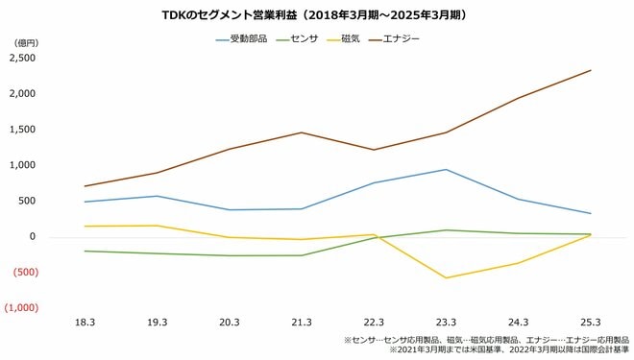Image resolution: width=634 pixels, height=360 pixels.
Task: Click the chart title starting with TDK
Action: click(316, 15)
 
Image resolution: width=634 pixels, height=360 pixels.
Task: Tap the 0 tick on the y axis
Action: click(32, 237)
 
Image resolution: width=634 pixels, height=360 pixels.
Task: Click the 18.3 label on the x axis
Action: click(85, 323)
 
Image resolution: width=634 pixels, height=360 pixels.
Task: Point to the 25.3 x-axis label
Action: click(590, 323)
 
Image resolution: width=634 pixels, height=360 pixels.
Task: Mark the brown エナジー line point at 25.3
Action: click(590, 70)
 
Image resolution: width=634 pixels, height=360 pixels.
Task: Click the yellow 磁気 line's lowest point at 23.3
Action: click(446, 278)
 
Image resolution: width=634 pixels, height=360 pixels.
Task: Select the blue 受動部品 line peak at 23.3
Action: click(446, 170)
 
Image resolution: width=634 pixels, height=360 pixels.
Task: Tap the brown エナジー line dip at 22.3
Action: click(374, 150)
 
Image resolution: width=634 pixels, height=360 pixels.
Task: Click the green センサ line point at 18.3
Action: click(85, 251)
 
